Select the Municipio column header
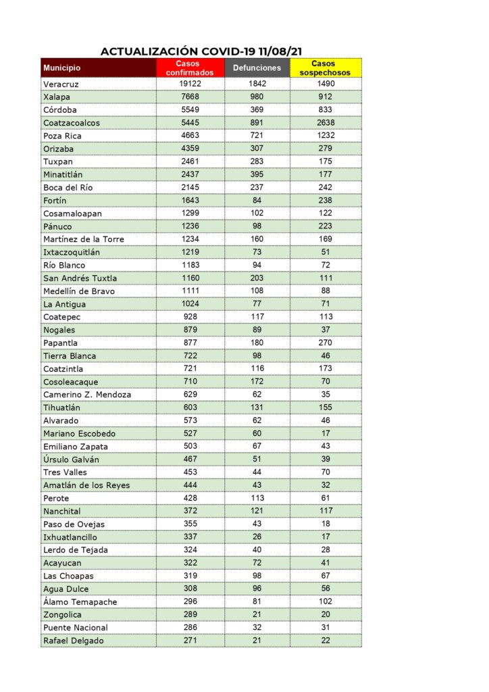coord(62,68)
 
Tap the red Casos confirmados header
coord(190,68)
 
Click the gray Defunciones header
coord(257,68)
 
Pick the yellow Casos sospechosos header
coord(326,68)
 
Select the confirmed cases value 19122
coord(190,84)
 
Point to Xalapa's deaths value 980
coord(257,97)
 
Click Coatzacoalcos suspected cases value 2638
coord(326,123)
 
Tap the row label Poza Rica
coord(62,136)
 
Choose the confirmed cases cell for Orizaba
coord(190,149)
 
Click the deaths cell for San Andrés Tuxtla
coord(257,278)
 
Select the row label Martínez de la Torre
coord(84,239)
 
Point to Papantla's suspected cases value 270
coord(326,343)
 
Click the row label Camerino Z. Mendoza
coord(87,395)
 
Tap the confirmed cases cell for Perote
coord(190,498)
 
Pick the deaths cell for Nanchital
coord(257,511)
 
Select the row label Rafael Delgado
coord(74,641)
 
